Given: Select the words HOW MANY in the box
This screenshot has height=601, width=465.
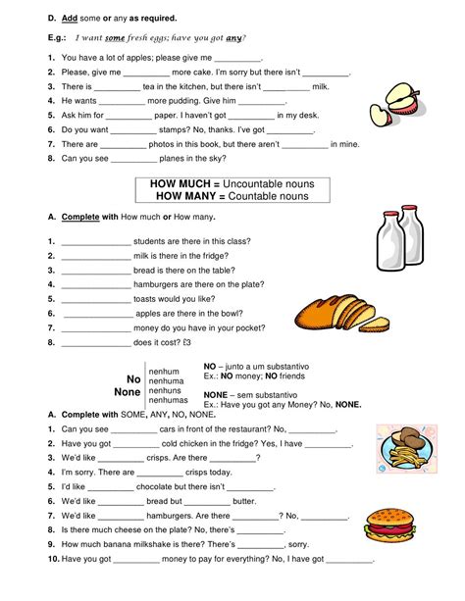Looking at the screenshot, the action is point(180,196).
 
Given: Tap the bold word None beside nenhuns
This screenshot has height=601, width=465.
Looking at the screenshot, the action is point(128,392).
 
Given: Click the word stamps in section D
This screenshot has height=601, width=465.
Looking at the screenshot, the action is point(173,128).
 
